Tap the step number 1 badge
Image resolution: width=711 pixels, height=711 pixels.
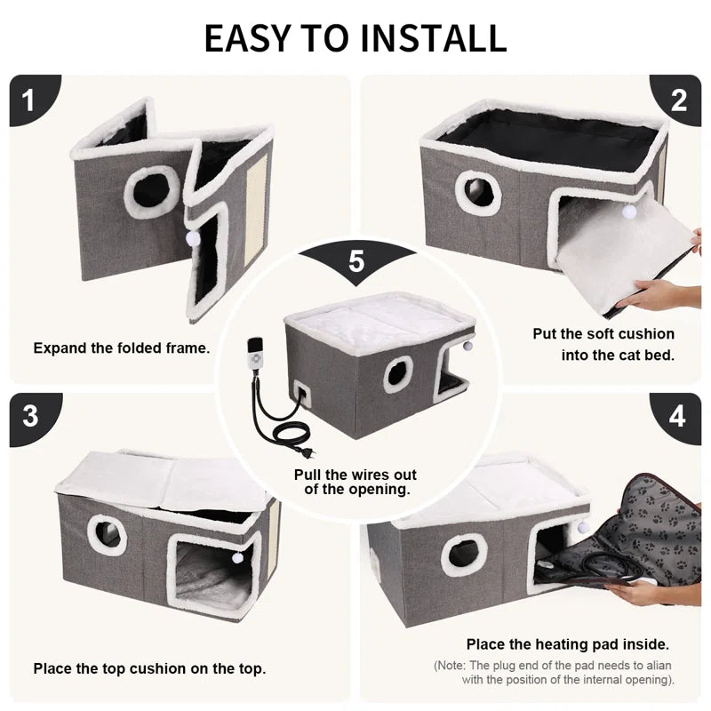[x=28, y=100]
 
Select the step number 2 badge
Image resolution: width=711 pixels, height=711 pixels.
[x=679, y=100]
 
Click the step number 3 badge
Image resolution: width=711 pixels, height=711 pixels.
[x=29, y=416]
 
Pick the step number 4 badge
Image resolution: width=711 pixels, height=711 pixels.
[x=678, y=416]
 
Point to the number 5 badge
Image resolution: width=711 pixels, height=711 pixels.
[x=356, y=260]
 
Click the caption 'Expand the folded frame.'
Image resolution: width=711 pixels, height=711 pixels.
[x=122, y=348]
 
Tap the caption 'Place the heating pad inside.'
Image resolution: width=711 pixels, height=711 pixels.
[x=568, y=643]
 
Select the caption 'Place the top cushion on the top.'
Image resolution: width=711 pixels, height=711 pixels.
[x=149, y=667]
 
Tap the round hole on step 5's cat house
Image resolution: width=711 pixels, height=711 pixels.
[x=398, y=374]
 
